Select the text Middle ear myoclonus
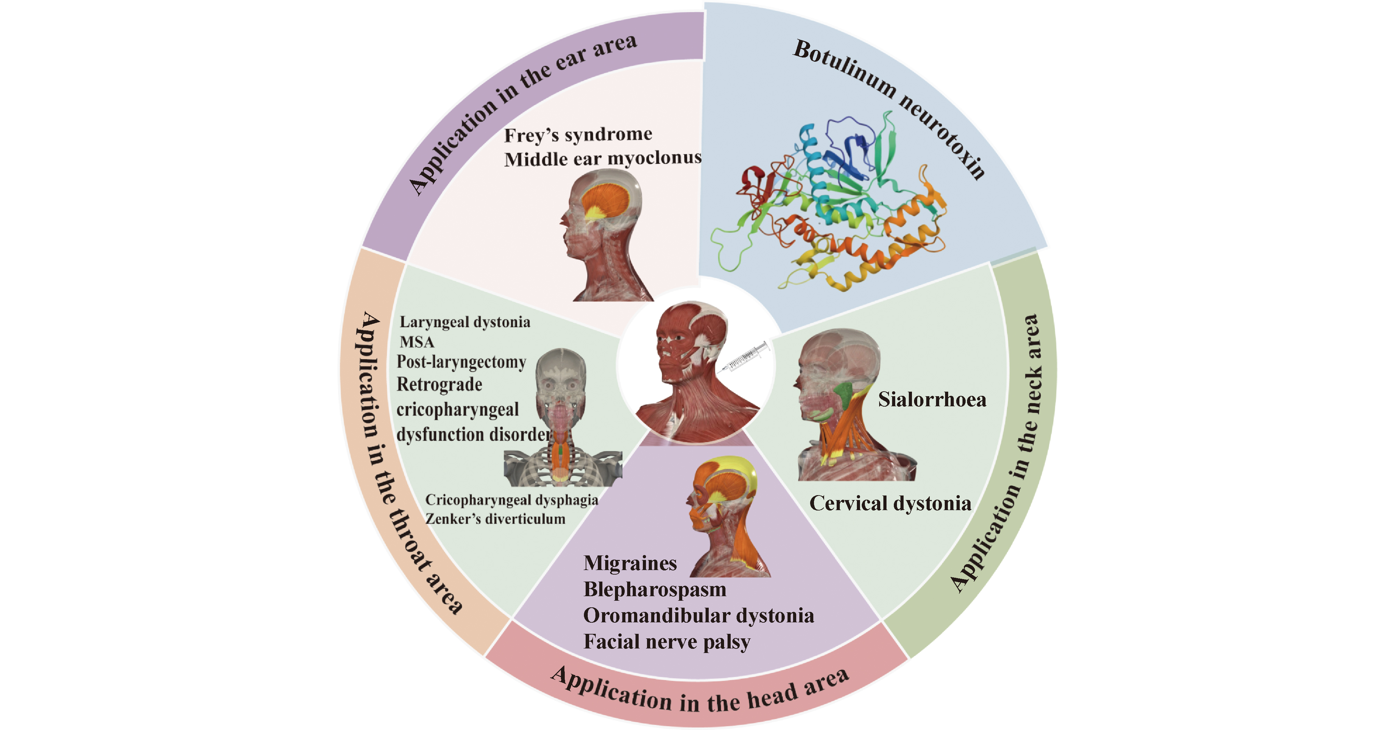(602, 159)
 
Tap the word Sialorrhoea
(931, 399)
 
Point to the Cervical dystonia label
(890, 503)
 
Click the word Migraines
(630, 563)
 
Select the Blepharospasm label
(654, 589)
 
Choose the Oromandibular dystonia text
(698, 615)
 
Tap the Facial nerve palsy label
(666, 641)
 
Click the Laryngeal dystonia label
(465, 322)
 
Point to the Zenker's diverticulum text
(495, 519)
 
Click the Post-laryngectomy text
(461, 362)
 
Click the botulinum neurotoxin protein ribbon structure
(831, 206)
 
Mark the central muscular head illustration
(690, 369)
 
